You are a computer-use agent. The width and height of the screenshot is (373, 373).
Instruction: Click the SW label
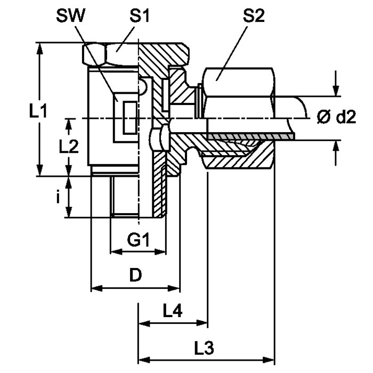(71, 16)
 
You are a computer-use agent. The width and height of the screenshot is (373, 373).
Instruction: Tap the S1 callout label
(140, 16)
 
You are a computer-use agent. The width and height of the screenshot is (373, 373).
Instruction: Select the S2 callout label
(254, 16)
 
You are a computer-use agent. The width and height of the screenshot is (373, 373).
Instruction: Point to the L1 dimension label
(38, 111)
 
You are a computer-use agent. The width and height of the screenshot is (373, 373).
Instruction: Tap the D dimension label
(135, 275)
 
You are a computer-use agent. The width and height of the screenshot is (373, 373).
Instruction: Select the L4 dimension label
(173, 311)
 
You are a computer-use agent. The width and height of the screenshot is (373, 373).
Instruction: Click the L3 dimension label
(204, 348)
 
